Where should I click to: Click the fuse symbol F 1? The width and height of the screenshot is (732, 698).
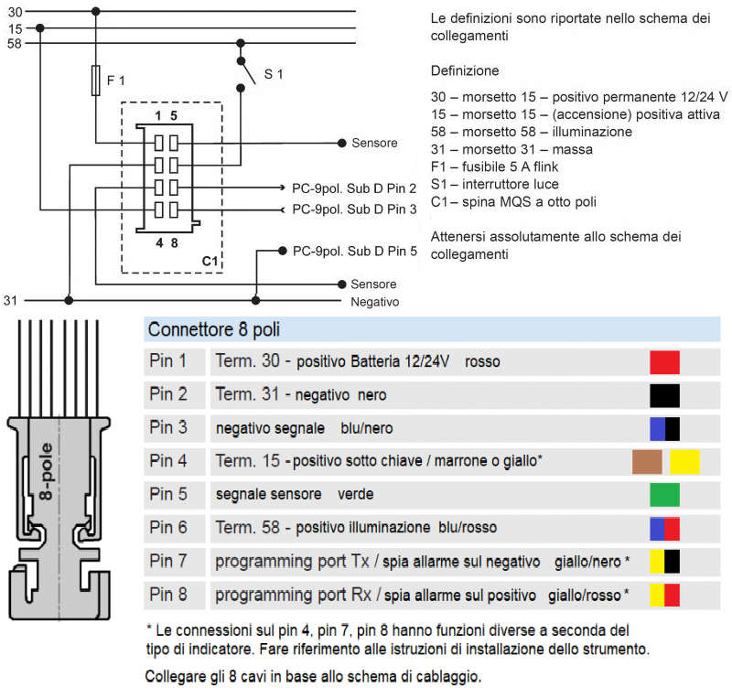[96, 81]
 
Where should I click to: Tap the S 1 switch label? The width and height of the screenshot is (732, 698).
[274, 74]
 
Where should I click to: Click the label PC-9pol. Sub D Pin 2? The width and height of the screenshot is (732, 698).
[354, 188]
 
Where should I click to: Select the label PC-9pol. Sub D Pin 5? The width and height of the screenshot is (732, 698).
[354, 250]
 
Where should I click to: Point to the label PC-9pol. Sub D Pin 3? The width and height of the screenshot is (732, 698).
[354, 209]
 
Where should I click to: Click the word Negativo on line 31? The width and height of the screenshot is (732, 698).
[376, 300]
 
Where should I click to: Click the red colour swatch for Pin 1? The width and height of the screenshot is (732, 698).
[664, 361]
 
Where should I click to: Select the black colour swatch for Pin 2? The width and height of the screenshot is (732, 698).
[664, 395]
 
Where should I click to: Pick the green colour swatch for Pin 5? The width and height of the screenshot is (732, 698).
[664, 495]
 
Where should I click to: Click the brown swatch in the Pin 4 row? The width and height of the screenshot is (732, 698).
[647, 462]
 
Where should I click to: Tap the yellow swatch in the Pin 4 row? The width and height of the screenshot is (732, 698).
[684, 462]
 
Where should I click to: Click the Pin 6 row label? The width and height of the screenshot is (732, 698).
[168, 528]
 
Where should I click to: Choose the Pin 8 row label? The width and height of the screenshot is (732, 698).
[168, 595]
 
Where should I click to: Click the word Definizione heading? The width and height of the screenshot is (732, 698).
[465, 70]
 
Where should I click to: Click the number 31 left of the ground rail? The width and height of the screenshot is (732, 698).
[11, 300]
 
